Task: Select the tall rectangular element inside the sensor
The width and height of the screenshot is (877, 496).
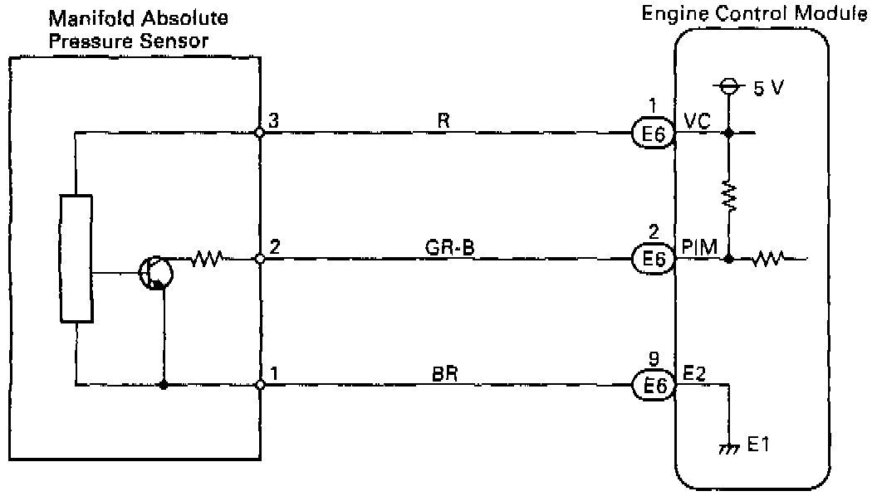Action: [76, 258]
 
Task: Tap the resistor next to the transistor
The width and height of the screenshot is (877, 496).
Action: [205, 260]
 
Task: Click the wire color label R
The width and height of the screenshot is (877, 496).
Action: [443, 119]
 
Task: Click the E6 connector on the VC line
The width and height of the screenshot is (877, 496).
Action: [653, 133]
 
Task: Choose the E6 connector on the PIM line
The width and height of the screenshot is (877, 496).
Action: [653, 260]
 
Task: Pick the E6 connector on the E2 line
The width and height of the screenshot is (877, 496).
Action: [653, 386]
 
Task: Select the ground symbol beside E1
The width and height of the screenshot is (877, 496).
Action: [730, 448]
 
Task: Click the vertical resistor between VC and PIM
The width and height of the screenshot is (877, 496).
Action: [728, 196]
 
